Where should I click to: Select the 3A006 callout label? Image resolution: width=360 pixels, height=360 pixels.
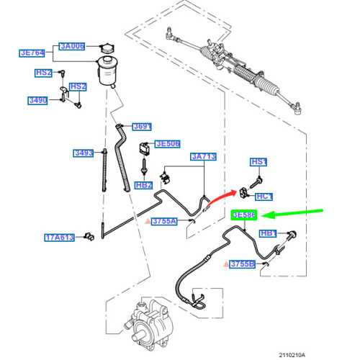pyautogui.click(x=72, y=46)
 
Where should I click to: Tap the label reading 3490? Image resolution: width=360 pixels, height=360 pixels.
pyautogui.click(x=37, y=100)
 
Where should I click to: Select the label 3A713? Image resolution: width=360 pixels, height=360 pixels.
pyautogui.click(x=204, y=156)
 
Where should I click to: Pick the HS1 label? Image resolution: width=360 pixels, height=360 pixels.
pyautogui.click(x=258, y=162)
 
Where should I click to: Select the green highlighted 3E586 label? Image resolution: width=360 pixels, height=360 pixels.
pyautogui.click(x=243, y=215)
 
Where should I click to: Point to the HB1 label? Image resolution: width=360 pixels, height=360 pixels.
pyautogui.click(x=269, y=233)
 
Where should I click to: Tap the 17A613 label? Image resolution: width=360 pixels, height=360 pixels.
pyautogui.click(x=60, y=236)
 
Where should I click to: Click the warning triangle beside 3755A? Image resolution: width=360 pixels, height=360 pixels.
pyautogui.click(x=148, y=222)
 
